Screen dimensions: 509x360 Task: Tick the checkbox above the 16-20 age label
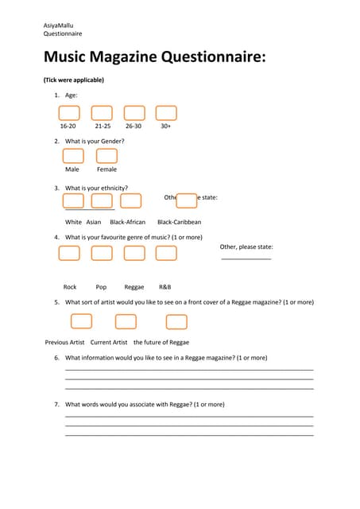click(69, 113)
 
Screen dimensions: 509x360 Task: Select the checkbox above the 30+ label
click(165, 113)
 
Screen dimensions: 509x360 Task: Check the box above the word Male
click(73, 156)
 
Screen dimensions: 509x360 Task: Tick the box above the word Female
click(106, 156)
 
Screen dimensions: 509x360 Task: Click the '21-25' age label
click(103, 126)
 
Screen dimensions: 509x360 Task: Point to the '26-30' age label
click(134, 126)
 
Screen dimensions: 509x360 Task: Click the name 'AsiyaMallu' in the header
click(59, 25)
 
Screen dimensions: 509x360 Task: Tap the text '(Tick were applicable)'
click(73, 80)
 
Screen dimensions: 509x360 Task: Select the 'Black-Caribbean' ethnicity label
click(179, 222)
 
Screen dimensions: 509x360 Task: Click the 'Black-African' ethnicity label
click(127, 222)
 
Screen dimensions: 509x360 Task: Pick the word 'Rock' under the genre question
click(70, 287)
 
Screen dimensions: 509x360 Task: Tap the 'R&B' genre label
click(165, 287)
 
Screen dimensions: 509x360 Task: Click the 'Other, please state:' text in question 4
click(246, 247)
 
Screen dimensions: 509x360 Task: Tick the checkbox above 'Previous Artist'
click(81, 321)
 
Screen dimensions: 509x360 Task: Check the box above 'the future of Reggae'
click(176, 321)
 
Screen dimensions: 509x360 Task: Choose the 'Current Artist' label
click(109, 342)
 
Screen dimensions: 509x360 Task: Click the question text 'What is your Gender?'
click(95, 142)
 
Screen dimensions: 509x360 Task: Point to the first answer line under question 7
click(188, 416)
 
